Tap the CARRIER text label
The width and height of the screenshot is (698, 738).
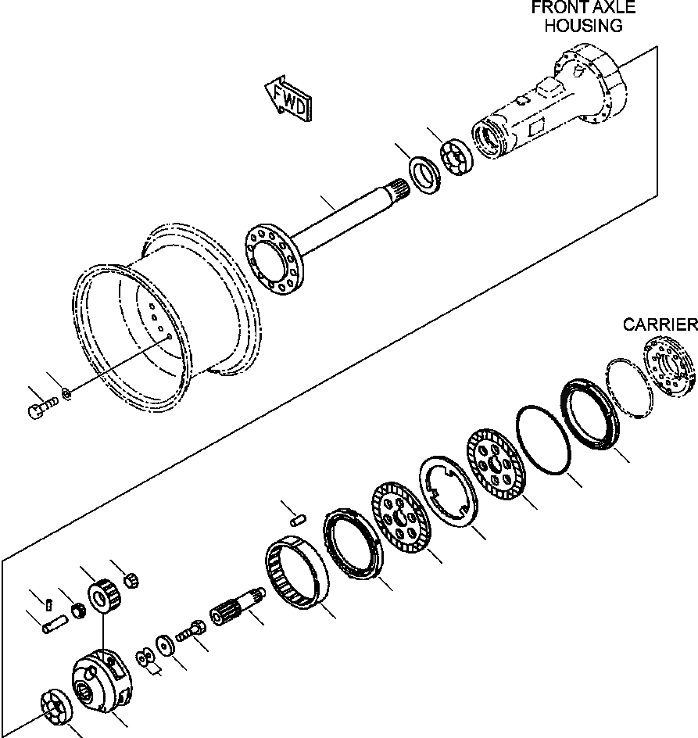coord(659,324)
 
